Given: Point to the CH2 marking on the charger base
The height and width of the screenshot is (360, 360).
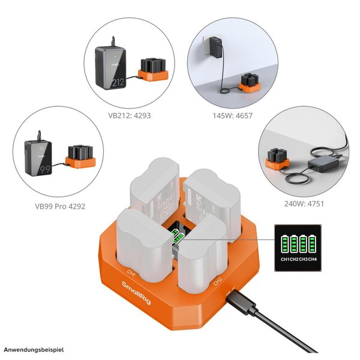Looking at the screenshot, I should (217, 280).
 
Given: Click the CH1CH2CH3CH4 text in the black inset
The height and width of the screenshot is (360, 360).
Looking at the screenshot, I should (299, 259).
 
